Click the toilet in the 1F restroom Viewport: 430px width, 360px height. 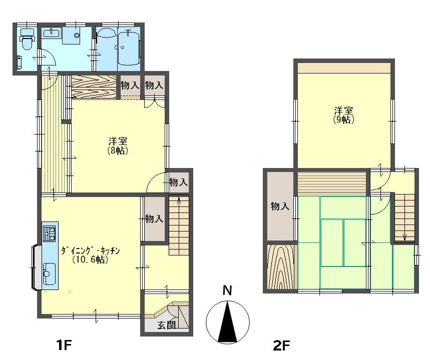[x=27, y=39]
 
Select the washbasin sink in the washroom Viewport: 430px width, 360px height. [x=51, y=34]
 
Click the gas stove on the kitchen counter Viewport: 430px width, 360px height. [x=50, y=233]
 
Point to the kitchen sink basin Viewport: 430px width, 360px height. [x=50, y=274]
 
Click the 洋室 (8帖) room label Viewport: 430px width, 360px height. [x=118, y=146]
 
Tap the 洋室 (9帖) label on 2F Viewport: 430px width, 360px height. [x=343, y=115]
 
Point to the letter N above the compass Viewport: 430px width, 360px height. [x=227, y=290]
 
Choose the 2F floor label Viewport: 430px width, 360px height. [x=281, y=345]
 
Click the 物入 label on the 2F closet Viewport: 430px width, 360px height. [x=280, y=206]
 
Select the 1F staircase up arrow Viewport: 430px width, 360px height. [x=179, y=200]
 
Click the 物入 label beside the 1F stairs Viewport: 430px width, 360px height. [x=154, y=218]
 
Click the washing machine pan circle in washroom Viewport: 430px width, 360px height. [x=77, y=35]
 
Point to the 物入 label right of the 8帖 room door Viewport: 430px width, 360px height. [x=178, y=181]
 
